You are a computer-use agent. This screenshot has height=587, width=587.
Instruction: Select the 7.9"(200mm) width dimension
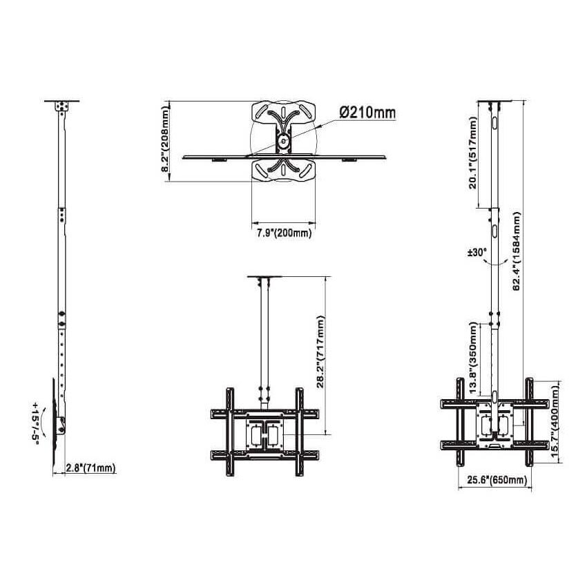click(x=280, y=233)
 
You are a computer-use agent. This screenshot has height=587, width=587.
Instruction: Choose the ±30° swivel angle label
click(x=477, y=253)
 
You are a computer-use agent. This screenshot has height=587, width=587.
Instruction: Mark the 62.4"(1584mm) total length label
click(x=517, y=252)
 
